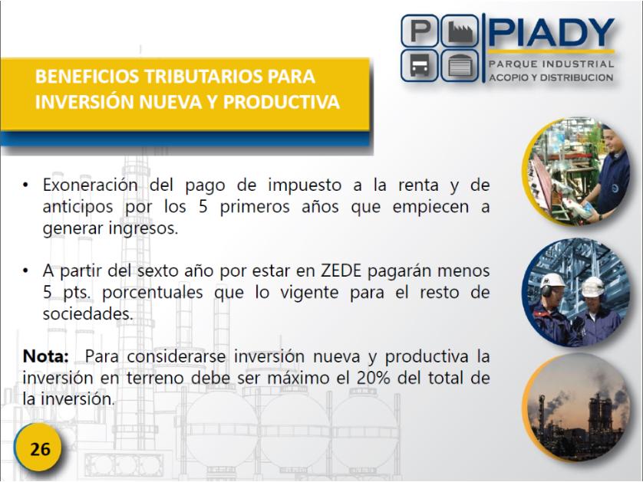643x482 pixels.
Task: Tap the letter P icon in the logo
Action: pyautogui.click(x=420, y=31)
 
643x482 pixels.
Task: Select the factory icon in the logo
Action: pyautogui.click(x=460, y=31)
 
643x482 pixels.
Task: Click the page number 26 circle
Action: pyautogui.click(x=38, y=448)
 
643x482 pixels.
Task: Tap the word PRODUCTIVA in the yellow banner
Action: pyautogui.click(x=282, y=102)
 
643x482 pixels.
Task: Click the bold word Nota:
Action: pyautogui.click(x=45, y=356)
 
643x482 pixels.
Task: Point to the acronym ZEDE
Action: pyautogui.click(x=341, y=271)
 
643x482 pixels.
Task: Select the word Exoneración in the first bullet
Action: pyautogui.click(x=91, y=185)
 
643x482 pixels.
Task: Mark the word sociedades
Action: pyautogui.click(x=87, y=314)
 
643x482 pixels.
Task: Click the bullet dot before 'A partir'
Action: pyautogui.click(x=26, y=271)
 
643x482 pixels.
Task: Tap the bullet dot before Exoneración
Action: pyautogui.click(x=26, y=185)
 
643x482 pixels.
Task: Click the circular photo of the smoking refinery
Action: pyautogui.click(x=576, y=408)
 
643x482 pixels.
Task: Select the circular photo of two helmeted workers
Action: pyautogui.click(x=576, y=292)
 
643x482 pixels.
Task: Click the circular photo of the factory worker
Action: pyautogui.click(x=576, y=172)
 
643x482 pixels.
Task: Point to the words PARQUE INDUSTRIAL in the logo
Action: pyautogui.click(x=551, y=64)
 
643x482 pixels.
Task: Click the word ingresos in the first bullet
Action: pyautogui.click(x=143, y=228)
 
